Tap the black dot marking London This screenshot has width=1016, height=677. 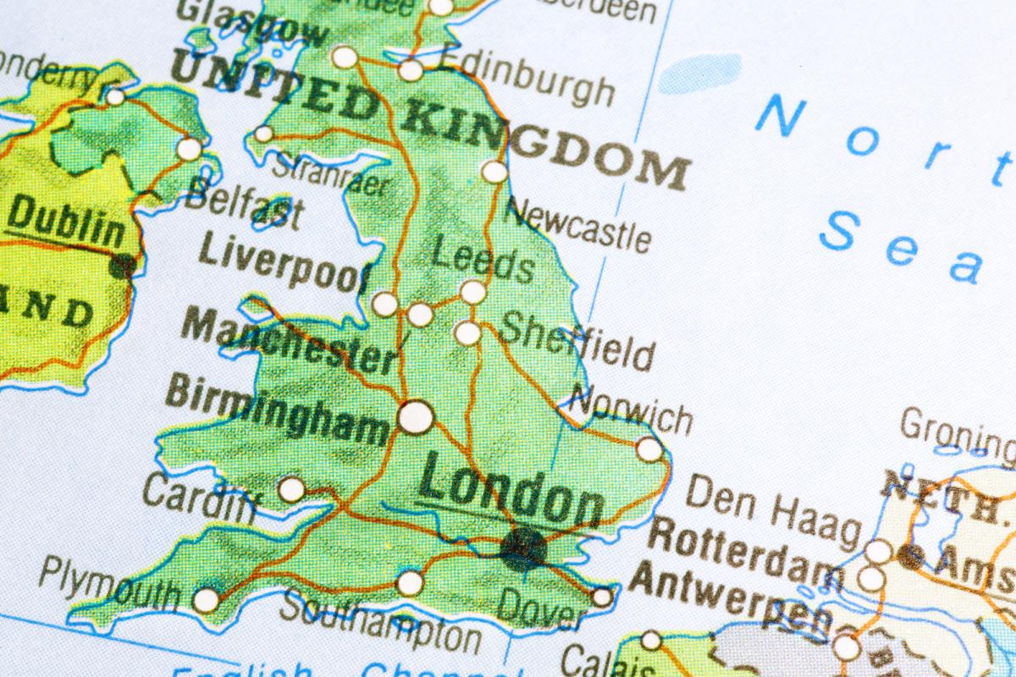click(522, 548)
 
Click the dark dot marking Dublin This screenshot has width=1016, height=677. click(122, 267)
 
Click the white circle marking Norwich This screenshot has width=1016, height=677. click(649, 449)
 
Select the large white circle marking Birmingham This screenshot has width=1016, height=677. click(415, 417)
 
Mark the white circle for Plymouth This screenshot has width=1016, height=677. click(206, 600)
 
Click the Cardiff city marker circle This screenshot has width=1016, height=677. click(291, 489)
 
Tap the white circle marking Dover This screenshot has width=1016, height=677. click(601, 597)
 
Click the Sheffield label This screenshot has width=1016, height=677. click(577, 340)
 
